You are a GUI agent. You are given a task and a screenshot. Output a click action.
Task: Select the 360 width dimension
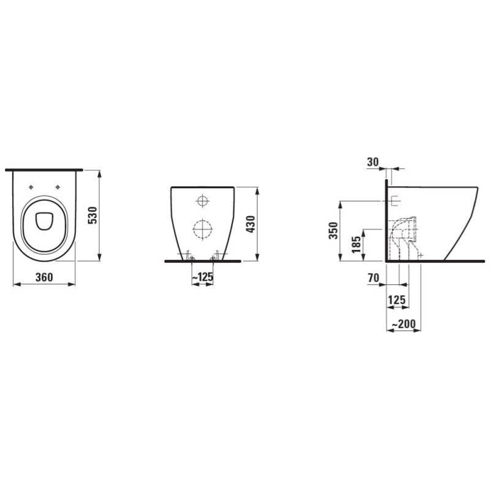click(43, 277)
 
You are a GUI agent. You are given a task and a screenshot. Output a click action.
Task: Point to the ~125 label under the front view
click(202, 277)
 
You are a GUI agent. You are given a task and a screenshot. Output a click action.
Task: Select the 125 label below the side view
click(398, 300)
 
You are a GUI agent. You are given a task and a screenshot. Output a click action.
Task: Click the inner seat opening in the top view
click(43, 221)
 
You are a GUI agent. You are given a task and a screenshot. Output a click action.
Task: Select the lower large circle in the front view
click(202, 228)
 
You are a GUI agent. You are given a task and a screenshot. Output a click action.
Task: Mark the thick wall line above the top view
click(43, 168)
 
